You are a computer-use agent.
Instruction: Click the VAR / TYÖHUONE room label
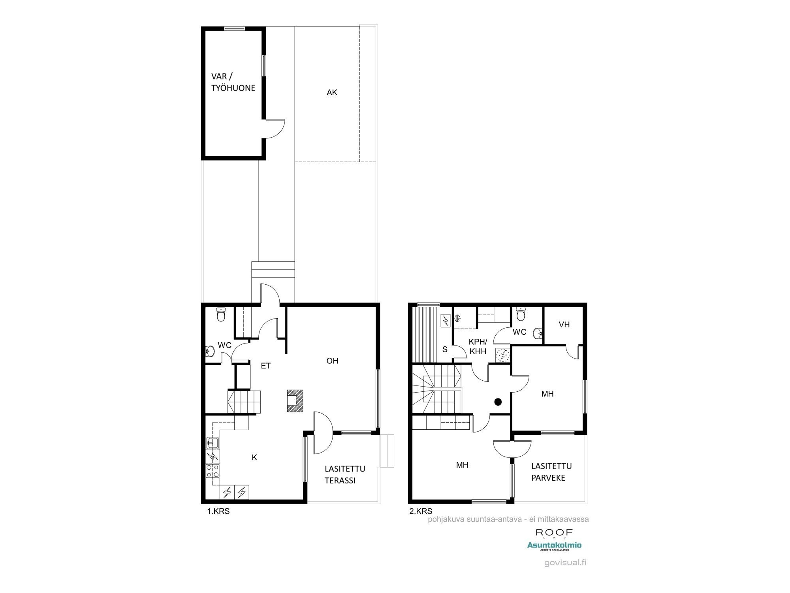tap(233, 82)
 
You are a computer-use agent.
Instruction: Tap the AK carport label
tap(332, 93)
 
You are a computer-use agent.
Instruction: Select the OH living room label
tap(332, 361)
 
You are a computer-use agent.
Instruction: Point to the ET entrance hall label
tap(265, 366)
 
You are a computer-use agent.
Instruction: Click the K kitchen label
tap(254, 457)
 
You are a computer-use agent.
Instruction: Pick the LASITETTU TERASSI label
tap(344, 474)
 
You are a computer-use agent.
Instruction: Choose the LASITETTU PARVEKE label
tap(551, 472)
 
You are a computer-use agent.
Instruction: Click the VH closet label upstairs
tap(564, 325)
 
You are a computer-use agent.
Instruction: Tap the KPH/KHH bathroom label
tap(478, 346)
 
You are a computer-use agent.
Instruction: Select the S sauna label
tap(445, 349)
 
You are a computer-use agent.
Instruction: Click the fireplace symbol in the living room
tap(295, 401)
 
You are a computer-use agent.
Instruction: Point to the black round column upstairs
tap(498, 402)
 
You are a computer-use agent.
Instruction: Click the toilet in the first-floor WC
tap(221, 315)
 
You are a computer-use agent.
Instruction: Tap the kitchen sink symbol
tap(213, 443)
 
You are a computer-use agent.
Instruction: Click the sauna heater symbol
tap(446, 319)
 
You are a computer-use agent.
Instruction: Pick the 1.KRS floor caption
tap(218, 511)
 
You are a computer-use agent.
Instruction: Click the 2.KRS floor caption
tap(420, 511)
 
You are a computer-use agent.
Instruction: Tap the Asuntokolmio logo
tap(554, 546)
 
